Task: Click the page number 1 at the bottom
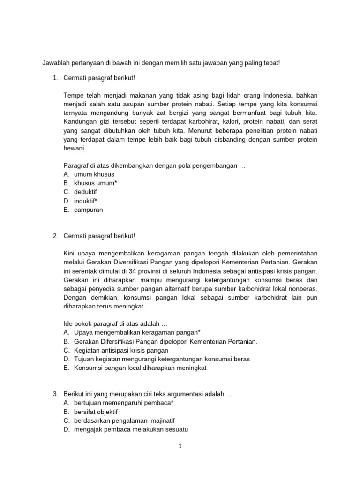coord(180,446)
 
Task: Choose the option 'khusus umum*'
coord(96,183)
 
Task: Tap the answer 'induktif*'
coord(85,201)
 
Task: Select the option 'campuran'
coord(88,210)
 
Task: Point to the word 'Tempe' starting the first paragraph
coord(73,95)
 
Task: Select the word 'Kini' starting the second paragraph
coord(69,254)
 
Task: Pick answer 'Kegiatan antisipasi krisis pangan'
coord(121,350)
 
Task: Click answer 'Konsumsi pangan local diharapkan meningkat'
coord(140,368)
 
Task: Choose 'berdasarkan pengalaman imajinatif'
coord(124,420)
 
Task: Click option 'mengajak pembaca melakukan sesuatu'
coord(129,429)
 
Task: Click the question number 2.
coord(55,236)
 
